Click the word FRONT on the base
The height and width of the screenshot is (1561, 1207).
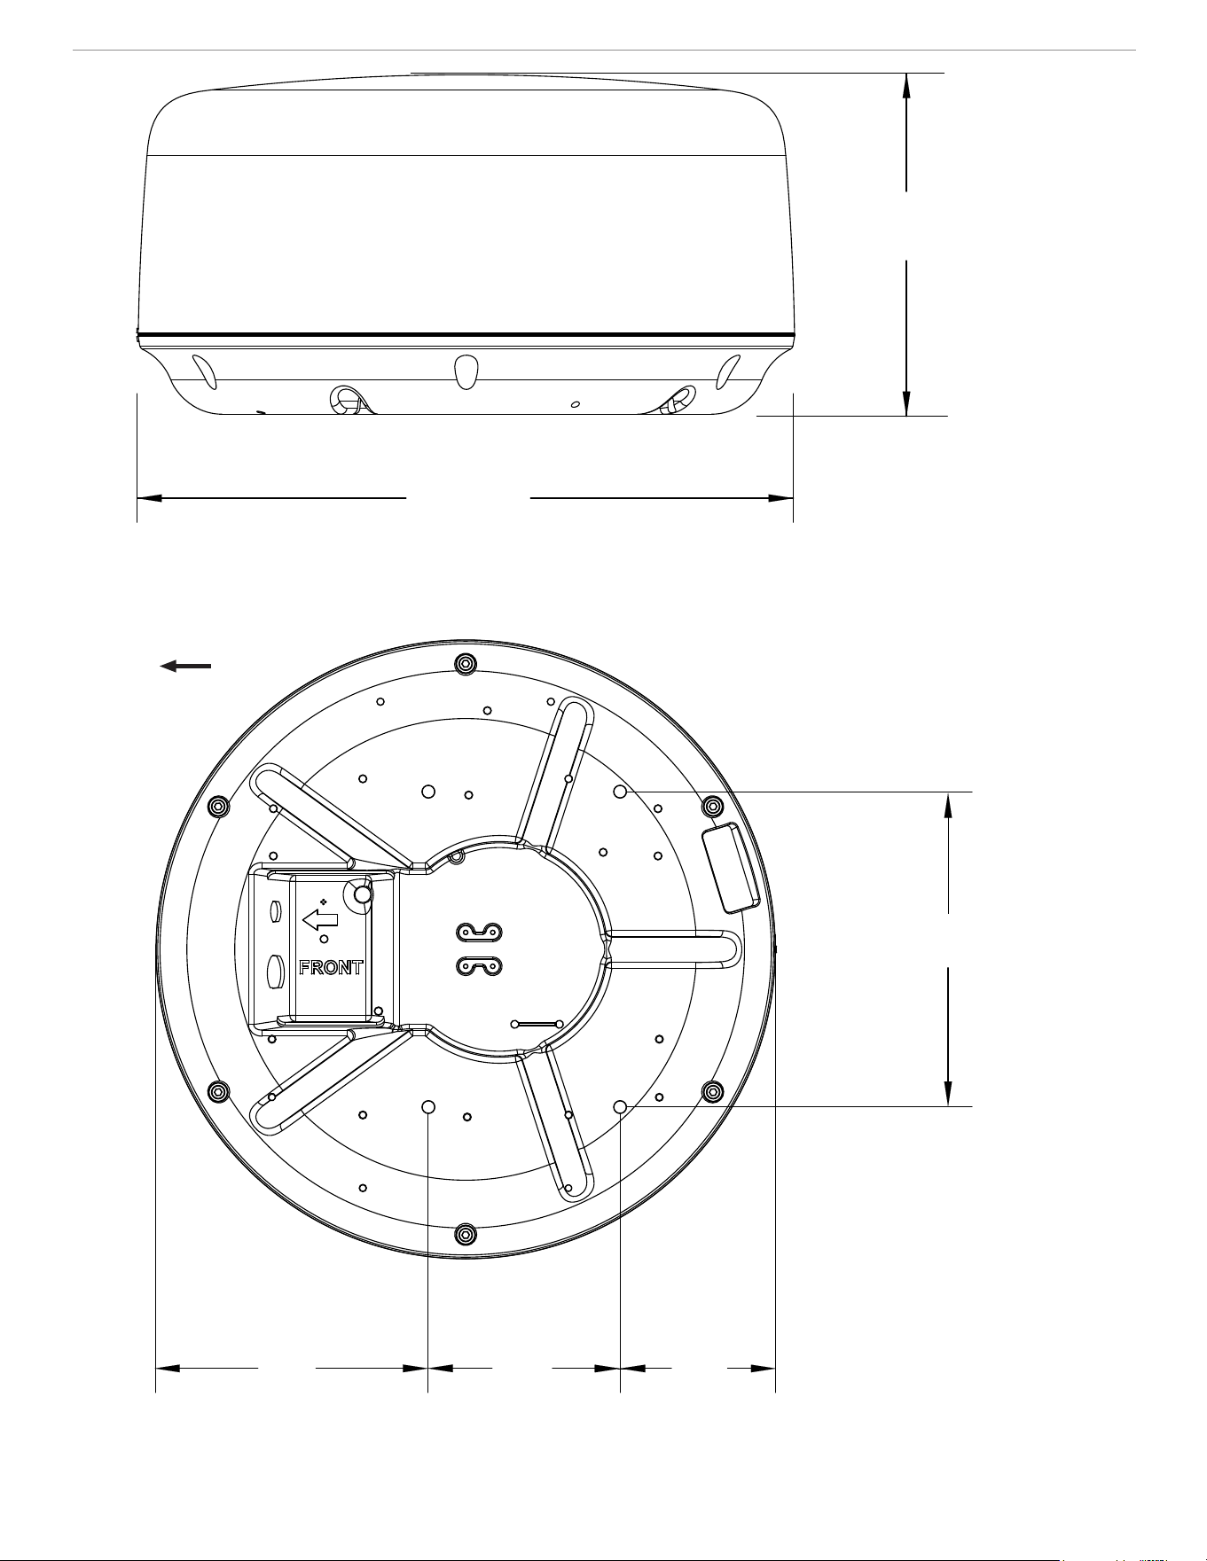[331, 967]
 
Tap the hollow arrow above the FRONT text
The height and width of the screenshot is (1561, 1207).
[319, 919]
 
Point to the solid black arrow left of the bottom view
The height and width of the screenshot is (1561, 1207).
[185, 666]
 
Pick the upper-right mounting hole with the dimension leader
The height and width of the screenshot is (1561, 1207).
[621, 791]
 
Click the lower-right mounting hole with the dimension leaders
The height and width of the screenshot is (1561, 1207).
[621, 1106]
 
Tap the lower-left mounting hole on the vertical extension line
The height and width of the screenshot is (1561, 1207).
[428, 1106]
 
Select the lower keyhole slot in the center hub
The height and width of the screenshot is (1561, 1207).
[479, 966]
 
